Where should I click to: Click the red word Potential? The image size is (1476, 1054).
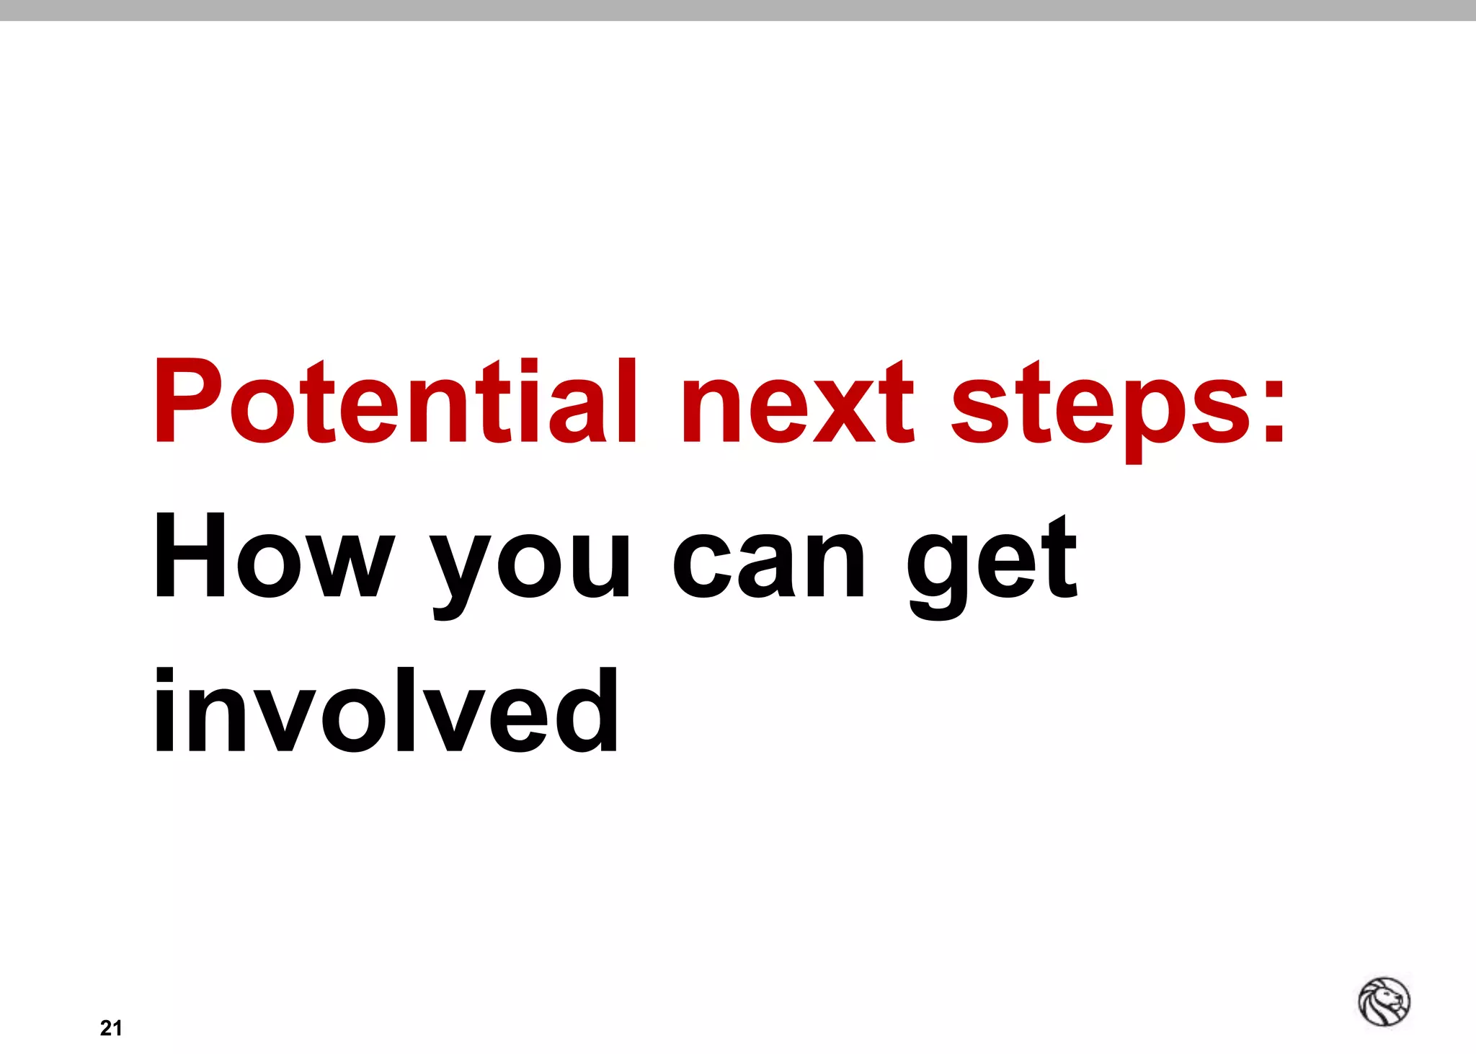click(395, 401)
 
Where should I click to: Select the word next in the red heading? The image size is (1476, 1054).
click(798, 404)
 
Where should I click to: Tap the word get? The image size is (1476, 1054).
click(992, 566)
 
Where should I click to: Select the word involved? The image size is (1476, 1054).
click(386, 711)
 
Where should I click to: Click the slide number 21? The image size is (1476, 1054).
click(111, 1028)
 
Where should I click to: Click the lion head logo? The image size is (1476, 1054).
click(1384, 1001)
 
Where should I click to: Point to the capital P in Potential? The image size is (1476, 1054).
click(187, 401)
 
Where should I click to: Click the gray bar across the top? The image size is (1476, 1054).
click(738, 10)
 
